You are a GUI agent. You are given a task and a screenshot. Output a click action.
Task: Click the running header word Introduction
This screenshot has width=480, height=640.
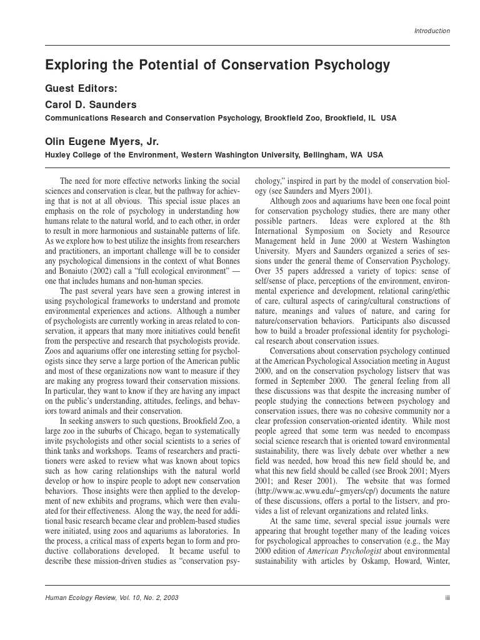point(432,31)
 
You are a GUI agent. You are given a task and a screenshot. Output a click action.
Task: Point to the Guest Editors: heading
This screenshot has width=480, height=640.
point(81,89)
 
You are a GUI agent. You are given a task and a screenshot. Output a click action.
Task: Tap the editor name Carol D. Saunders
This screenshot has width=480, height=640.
point(91,104)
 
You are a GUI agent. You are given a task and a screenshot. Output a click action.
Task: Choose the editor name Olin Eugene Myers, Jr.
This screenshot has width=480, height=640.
point(103,141)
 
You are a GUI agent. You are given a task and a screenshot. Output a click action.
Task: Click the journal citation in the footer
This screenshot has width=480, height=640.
point(112,597)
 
